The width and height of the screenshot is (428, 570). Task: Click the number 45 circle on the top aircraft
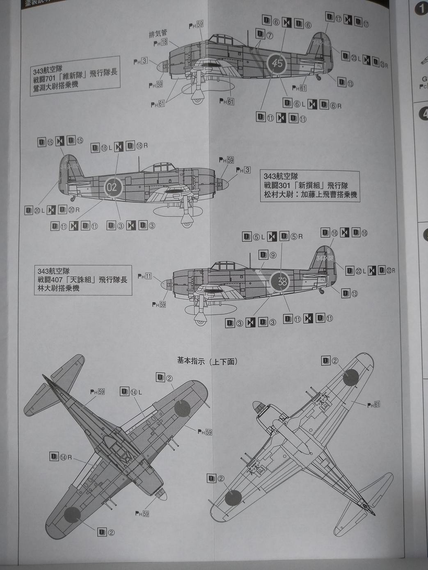[x=277, y=64]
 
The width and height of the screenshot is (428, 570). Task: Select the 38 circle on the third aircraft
[x=282, y=282]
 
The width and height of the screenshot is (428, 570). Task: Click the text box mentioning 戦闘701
[x=75, y=76]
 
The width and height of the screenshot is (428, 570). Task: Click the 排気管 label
[x=158, y=34]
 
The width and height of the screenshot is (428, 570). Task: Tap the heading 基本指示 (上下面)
[x=207, y=361]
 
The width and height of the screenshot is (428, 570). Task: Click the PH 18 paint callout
[x=160, y=43]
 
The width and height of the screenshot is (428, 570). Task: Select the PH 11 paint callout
[x=144, y=276]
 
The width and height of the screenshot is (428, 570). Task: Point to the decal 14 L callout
[x=131, y=392]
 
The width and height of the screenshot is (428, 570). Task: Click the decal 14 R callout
[x=60, y=457]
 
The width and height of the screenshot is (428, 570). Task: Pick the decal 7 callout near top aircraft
[x=264, y=35]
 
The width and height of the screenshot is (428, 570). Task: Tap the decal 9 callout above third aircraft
[x=268, y=255]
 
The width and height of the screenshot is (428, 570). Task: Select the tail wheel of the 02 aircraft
[x=73, y=199]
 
